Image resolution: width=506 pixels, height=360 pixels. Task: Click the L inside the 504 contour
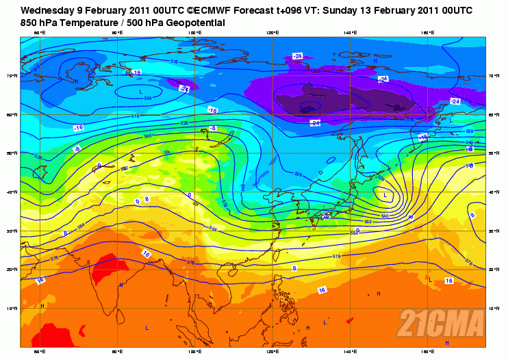pos(141,91)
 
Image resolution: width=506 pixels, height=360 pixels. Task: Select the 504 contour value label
pos(148,98)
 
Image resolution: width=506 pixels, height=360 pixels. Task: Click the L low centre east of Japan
pos(385,196)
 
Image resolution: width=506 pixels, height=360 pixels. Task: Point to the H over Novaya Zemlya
pos(77,81)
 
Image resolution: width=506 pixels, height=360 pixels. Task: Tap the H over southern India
pos(121,284)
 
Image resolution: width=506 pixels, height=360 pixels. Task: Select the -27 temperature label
pos(184,88)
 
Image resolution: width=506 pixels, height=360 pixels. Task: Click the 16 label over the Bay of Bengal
pos(146,254)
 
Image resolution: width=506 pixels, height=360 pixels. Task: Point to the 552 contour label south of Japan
pos(368,222)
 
